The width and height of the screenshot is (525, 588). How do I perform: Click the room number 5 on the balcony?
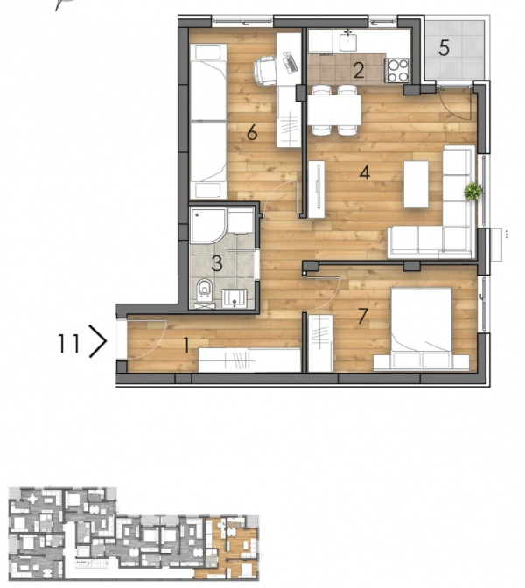444,48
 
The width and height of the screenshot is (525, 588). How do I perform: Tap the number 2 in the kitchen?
359,71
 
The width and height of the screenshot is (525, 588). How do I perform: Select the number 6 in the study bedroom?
252,132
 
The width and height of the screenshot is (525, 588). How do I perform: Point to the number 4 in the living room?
365,173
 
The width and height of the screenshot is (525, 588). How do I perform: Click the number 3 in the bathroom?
217,263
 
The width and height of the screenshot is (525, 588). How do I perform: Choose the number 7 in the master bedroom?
362,316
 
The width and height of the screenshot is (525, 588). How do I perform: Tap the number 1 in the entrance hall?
186,345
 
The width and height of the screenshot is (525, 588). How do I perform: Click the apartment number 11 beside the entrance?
68,344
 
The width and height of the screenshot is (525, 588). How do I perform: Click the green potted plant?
472,192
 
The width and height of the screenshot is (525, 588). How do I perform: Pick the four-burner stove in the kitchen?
397,70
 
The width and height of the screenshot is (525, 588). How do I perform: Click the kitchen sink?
348,41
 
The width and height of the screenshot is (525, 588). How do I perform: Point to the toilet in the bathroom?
205,290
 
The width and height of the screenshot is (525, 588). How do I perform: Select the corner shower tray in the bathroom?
208,226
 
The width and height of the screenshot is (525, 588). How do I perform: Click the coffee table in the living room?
416,184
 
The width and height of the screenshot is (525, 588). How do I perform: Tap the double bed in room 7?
421,327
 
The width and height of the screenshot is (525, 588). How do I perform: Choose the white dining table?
334,110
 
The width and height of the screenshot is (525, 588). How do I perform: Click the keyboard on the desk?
290,63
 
